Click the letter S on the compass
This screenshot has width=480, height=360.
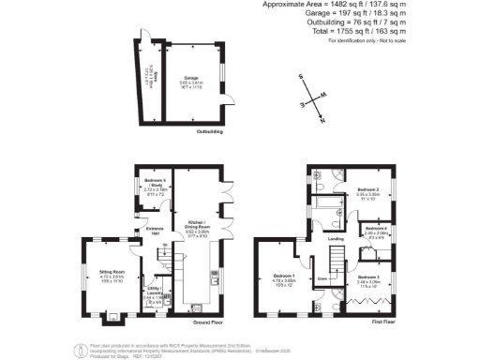point(301,77)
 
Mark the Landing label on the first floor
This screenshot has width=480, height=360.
point(335,238)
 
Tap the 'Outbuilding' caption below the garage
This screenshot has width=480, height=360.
point(208,131)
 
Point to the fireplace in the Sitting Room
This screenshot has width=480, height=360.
point(113,315)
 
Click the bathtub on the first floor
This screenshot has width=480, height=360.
point(330,201)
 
